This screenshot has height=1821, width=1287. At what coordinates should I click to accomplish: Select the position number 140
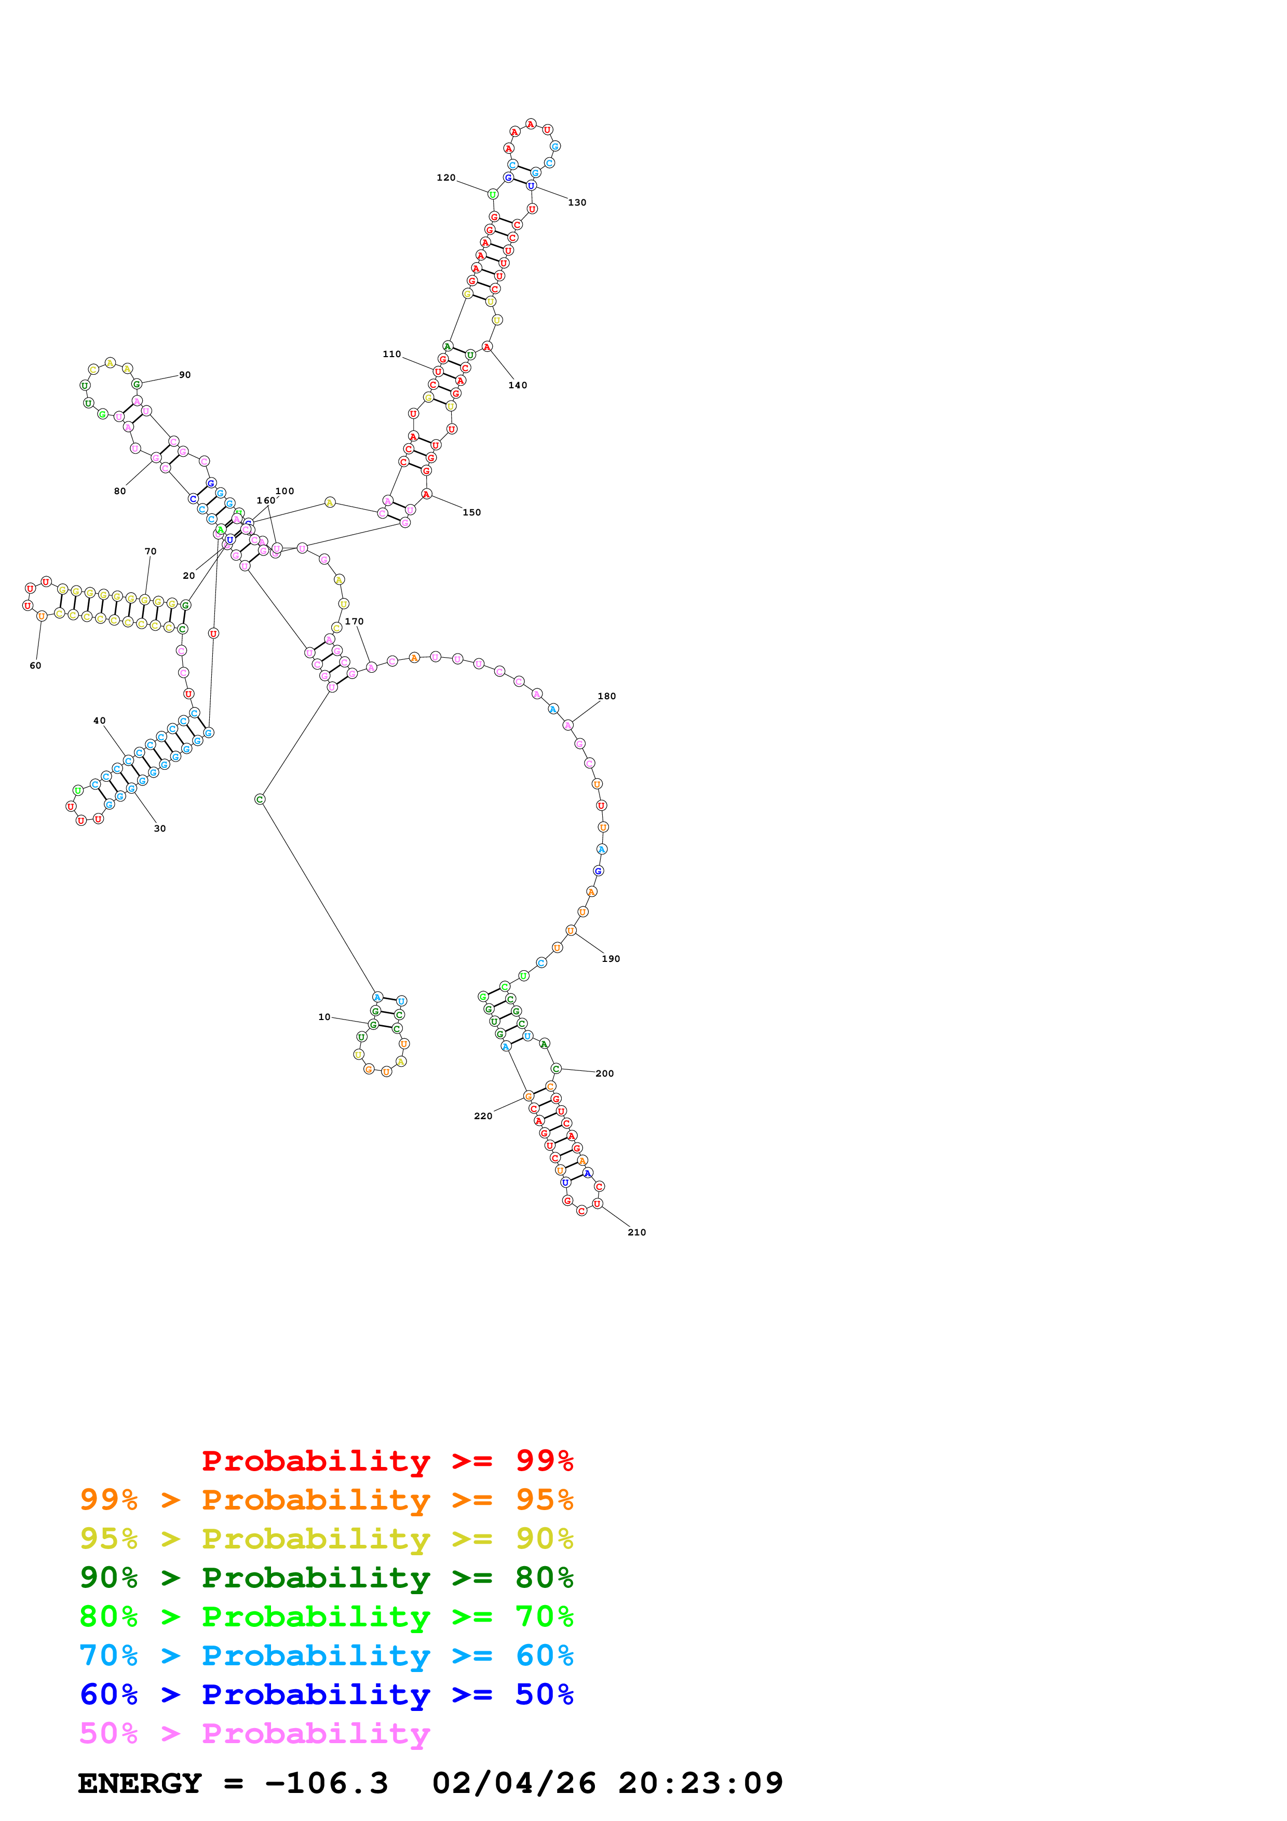(x=517, y=386)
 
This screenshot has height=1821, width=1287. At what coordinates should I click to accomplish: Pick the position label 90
(x=185, y=375)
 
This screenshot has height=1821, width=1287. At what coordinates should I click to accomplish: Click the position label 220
(x=483, y=1116)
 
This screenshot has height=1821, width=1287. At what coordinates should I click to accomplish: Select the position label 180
(x=606, y=696)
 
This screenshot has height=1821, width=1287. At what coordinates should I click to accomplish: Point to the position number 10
(x=324, y=1017)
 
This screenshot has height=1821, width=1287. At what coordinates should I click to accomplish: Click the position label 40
(x=99, y=721)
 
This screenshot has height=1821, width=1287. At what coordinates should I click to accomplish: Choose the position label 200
(x=604, y=1074)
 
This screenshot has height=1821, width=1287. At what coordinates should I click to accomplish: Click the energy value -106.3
(x=327, y=1783)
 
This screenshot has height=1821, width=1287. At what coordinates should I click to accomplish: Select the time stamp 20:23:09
(x=700, y=1783)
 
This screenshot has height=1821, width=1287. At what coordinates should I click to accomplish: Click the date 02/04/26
(x=514, y=1783)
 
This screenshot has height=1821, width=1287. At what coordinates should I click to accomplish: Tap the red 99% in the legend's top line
(x=544, y=1460)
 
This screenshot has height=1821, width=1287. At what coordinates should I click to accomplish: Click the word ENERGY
(x=140, y=1783)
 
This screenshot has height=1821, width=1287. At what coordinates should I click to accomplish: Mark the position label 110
(x=392, y=355)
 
